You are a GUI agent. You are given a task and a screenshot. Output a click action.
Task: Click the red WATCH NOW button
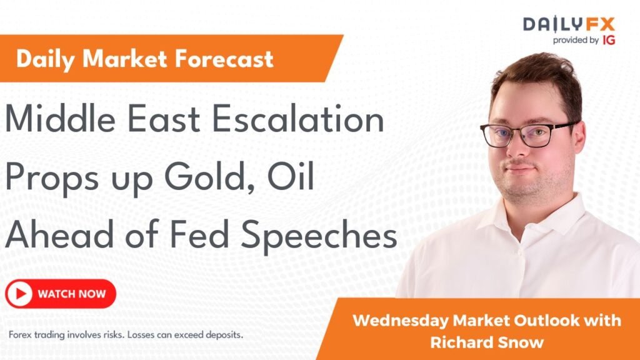click(x=61, y=294)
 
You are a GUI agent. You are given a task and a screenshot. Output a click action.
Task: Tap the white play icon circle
click(x=19, y=294)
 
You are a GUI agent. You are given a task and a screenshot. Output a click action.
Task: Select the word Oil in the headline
click(x=291, y=177)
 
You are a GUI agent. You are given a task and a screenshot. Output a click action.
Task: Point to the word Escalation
click(x=298, y=119)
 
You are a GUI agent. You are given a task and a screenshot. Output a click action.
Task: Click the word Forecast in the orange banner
click(x=224, y=59)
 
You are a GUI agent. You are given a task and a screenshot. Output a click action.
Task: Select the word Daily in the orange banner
click(x=45, y=59)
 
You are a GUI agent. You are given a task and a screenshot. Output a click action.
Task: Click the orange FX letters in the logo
click(x=600, y=24)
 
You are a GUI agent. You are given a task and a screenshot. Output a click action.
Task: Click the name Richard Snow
click(x=487, y=342)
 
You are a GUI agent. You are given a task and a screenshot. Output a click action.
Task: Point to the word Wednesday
click(x=400, y=321)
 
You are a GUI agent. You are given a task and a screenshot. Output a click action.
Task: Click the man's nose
click(x=518, y=149)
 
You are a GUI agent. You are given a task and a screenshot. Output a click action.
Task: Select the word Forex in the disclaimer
click(x=20, y=335)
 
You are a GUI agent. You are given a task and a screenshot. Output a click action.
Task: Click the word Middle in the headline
click(x=60, y=119)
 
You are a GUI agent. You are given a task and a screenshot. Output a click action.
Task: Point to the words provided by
click(x=576, y=41)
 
